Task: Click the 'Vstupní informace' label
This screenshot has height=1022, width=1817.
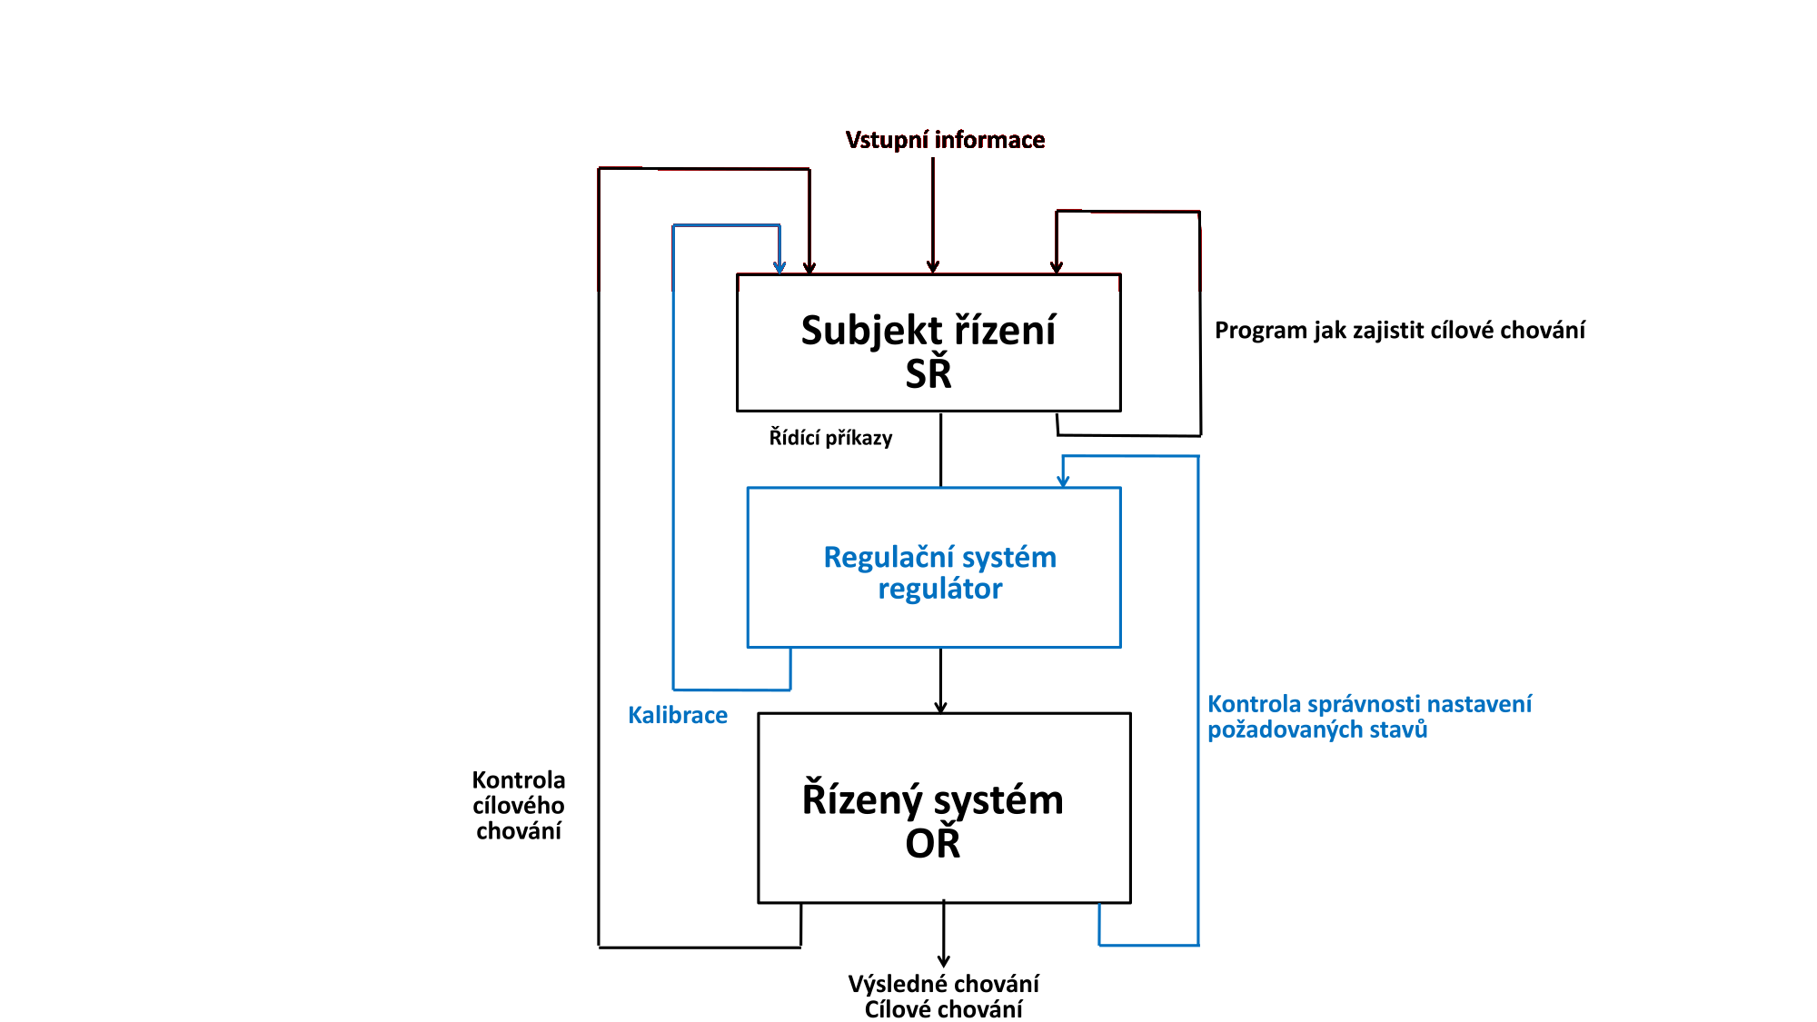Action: [x=945, y=140]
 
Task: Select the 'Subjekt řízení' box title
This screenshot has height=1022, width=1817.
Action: [x=928, y=331]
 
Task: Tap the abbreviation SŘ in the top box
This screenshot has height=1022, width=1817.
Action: [x=928, y=374]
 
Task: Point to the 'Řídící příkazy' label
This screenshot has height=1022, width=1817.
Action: [x=830, y=438]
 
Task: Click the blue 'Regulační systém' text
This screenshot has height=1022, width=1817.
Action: [x=939, y=557]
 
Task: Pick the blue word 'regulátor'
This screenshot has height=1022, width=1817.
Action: [x=939, y=590]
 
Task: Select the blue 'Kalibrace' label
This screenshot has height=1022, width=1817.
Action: [x=678, y=716]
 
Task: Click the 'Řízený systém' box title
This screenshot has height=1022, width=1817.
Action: [x=932, y=800]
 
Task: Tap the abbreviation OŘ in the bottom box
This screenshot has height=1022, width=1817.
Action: [x=932, y=845]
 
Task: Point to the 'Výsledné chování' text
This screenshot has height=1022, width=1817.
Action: [x=943, y=984]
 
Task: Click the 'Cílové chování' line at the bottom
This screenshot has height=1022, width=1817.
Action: [x=943, y=1009]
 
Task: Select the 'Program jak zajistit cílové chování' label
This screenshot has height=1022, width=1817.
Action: [x=1399, y=331]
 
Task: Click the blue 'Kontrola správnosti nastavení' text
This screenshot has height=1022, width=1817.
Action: [x=1369, y=704]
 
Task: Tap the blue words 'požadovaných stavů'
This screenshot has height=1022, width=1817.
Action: [x=1317, y=729]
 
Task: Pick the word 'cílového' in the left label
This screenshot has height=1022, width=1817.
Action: [x=518, y=806]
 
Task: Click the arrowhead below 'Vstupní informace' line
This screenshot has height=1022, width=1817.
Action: [x=932, y=267]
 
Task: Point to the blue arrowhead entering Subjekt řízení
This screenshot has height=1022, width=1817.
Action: [x=779, y=267]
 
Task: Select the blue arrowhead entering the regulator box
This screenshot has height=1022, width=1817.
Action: [x=1063, y=481]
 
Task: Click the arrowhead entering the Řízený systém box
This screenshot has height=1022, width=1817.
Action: [x=940, y=707]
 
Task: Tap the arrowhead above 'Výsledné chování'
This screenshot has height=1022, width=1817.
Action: [x=944, y=961]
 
